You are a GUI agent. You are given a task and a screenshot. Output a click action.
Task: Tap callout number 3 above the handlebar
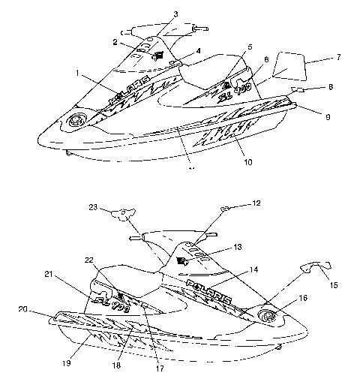pyautogui.click(x=175, y=14)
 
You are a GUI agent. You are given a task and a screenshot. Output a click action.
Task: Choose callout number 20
pyautogui.click(x=22, y=309)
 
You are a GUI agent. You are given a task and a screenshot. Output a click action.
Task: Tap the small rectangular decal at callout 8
pyautogui.click(x=298, y=89)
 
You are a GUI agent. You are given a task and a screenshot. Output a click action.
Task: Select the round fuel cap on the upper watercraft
pyautogui.click(x=77, y=121)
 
